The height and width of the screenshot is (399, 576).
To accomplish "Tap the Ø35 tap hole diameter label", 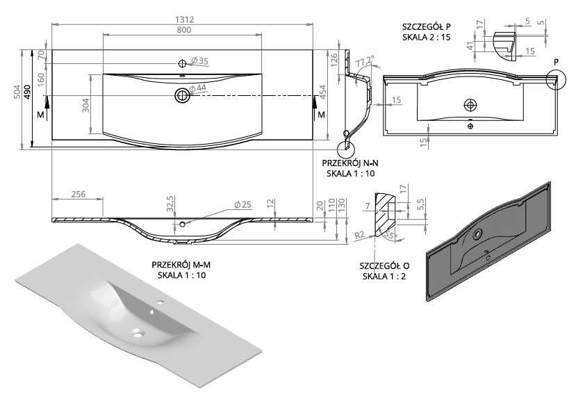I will [199, 61].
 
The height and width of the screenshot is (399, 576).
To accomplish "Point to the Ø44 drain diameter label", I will [199, 88].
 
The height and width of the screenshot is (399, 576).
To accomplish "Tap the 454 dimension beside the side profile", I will [324, 95].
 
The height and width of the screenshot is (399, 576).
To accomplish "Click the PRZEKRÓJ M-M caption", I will [182, 266].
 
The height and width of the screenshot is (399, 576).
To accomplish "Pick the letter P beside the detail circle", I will [557, 62].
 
